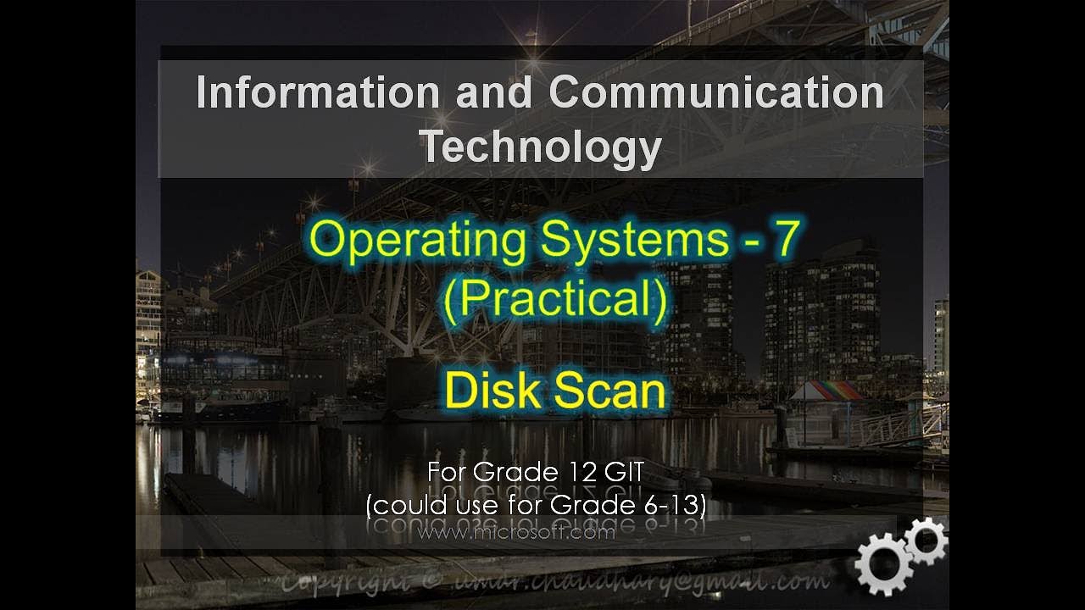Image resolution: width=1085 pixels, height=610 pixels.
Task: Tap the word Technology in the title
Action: (x=541, y=146)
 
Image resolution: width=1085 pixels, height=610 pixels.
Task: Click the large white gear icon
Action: (x=882, y=564)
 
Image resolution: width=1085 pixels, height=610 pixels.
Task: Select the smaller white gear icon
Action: (x=926, y=541)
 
